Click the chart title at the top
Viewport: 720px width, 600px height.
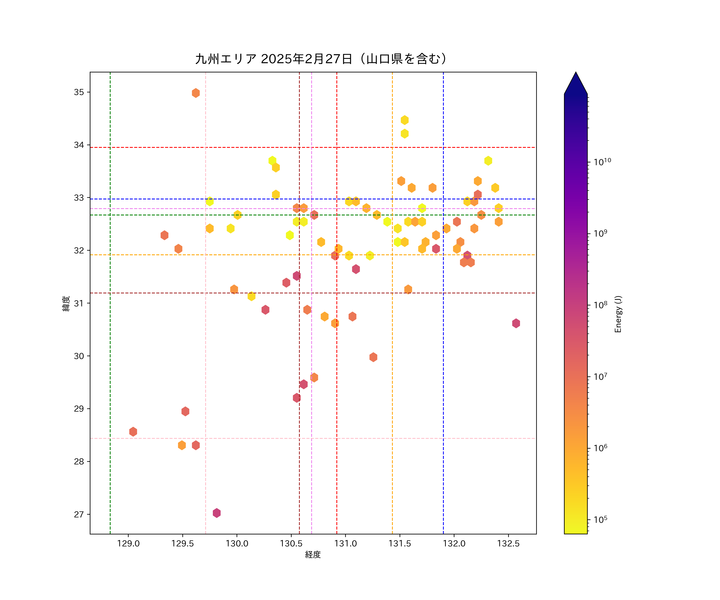[321, 59]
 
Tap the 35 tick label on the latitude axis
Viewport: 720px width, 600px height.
[79, 92]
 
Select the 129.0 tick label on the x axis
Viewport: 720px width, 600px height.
[128, 544]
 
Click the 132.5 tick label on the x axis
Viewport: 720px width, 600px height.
[508, 544]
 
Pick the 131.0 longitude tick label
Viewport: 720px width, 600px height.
[345, 544]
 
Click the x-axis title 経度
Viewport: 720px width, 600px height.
[313, 555]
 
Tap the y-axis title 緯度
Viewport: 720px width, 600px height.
[66, 303]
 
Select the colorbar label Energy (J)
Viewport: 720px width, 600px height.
[618, 314]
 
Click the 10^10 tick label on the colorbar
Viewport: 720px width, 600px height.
[602, 161]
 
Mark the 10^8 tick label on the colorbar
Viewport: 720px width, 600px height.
[600, 304]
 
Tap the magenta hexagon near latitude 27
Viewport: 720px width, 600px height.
[217, 513]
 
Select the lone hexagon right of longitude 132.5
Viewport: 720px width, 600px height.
[516, 323]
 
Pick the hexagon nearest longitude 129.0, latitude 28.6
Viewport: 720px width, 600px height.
[133, 432]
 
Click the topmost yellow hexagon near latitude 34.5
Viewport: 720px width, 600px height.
[405, 120]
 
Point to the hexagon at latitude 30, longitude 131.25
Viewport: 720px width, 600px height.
[373, 357]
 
